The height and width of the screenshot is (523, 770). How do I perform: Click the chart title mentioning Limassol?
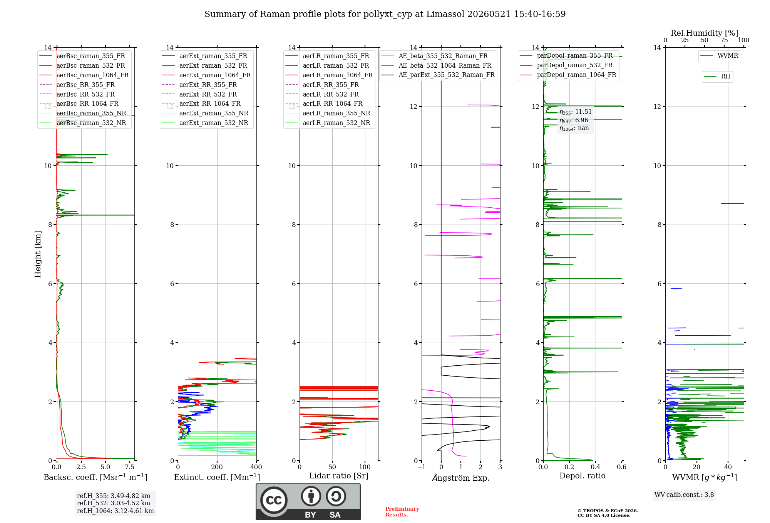[x=385, y=14]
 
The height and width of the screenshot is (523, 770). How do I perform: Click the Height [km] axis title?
[x=38, y=254]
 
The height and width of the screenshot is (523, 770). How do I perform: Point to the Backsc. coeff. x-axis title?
[x=95, y=477]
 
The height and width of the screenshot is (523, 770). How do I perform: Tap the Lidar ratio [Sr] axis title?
[x=339, y=476]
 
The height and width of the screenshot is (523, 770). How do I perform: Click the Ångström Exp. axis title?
[x=461, y=478]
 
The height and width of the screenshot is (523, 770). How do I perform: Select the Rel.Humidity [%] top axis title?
[x=705, y=33]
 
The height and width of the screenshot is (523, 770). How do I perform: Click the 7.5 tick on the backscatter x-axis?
[x=130, y=467]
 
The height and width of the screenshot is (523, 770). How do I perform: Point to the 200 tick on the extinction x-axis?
[x=217, y=467]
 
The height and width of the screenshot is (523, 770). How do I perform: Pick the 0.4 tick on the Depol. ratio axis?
[x=596, y=467]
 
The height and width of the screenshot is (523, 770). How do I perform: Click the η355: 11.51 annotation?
[x=576, y=112]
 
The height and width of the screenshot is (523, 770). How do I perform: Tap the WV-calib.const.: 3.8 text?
[x=684, y=495]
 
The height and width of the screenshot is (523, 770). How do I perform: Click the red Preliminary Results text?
[x=402, y=512]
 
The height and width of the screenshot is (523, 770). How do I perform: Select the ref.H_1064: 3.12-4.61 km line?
[x=115, y=511]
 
